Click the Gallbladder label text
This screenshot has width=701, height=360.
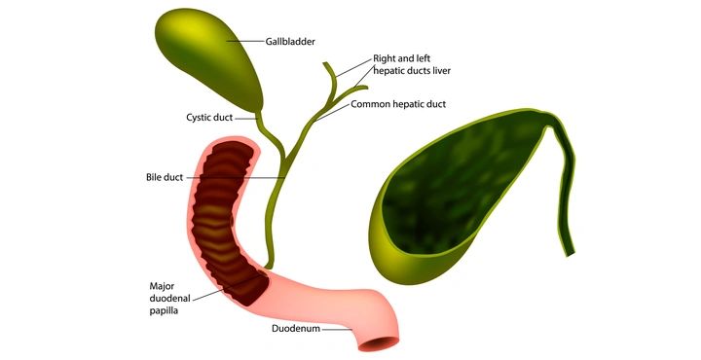pos(290,42)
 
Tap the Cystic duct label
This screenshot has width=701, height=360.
pos(209,118)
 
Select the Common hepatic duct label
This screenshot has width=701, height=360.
pos(398,104)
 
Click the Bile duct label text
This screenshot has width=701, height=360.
pos(165,177)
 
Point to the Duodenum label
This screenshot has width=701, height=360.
pos(296,329)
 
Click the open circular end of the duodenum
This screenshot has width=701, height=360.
pos(379,344)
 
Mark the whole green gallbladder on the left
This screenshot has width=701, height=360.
pos(210,60)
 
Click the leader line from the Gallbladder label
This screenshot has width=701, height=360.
pos(245,42)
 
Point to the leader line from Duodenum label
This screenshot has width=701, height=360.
pos(337,330)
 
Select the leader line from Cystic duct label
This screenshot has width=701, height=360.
pos(246,119)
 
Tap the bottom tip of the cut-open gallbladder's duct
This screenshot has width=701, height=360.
pos(571,255)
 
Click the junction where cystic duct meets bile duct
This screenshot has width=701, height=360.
pos(283,161)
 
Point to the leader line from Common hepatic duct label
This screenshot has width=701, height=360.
pos(331,113)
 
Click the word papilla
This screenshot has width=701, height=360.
pos(165,311)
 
